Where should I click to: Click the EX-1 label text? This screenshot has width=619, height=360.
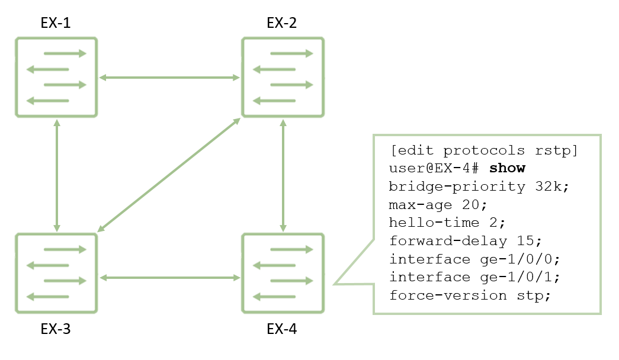coord(56,23)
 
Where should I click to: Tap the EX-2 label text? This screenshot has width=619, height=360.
coord(282,23)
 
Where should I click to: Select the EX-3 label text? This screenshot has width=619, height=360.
coord(56,329)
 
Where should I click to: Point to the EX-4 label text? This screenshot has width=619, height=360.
coord(282,329)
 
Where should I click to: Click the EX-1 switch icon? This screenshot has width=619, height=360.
coord(56,78)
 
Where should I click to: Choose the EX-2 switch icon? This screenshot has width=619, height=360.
coord(283,78)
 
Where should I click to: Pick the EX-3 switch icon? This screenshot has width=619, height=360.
coord(56,273)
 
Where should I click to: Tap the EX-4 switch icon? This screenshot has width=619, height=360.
coord(283,273)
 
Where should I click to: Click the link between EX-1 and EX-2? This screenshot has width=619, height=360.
coord(170,78)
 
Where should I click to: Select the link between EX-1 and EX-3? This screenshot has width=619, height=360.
coord(57,176)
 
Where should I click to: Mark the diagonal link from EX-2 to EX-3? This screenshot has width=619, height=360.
coord(169,175)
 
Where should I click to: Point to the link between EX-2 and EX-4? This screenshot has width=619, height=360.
coord(283,176)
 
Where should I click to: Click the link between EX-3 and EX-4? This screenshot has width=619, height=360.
coord(170,278)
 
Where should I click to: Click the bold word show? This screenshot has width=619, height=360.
coord(507,168)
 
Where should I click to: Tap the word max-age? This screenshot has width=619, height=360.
coord(421,205)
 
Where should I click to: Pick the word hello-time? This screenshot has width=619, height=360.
coord(434,223)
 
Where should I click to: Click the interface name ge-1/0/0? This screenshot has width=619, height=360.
coord(516,259)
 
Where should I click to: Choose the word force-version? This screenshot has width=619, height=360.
coord(448,295)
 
